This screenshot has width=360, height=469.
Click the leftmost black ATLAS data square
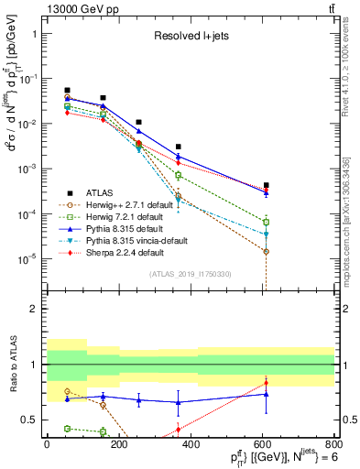click(x=68, y=91)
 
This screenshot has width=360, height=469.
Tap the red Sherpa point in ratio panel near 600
click(x=266, y=383)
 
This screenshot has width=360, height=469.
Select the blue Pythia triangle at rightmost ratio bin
click(x=266, y=394)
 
